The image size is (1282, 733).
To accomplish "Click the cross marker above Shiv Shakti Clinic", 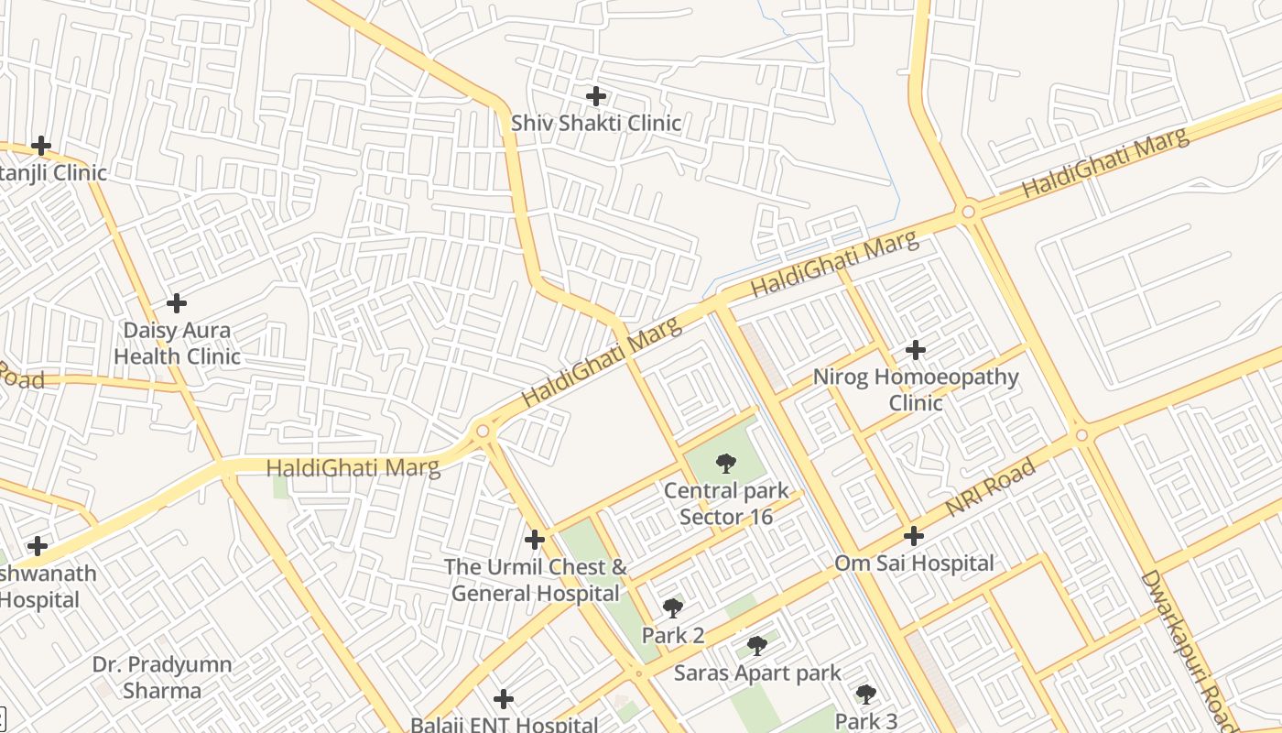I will (x=596, y=95).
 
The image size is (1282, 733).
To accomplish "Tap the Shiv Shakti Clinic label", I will (x=596, y=123).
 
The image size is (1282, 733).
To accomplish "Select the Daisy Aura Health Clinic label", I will (x=177, y=344).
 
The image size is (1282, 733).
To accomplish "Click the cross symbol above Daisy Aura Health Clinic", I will (x=177, y=302).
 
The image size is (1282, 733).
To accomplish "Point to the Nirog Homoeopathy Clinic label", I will (x=916, y=390).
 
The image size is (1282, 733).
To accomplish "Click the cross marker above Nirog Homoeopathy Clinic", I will (x=915, y=350).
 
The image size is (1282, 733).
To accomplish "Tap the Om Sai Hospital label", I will (x=914, y=563).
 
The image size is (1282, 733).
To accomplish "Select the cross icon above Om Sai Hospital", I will (x=914, y=536).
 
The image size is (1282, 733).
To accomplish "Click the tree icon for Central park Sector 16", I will (x=726, y=464).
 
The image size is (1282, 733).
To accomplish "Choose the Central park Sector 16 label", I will (x=726, y=504).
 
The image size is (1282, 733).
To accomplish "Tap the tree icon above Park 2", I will (x=673, y=607).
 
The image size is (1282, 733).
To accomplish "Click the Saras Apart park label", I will (x=757, y=673).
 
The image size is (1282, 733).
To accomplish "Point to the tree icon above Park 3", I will (x=866, y=695).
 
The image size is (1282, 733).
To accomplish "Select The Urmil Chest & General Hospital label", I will (x=536, y=580).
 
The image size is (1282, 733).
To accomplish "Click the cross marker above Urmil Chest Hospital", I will (x=535, y=540).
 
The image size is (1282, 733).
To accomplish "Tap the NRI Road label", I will (x=991, y=487).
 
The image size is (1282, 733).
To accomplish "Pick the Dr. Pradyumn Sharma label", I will (x=162, y=677).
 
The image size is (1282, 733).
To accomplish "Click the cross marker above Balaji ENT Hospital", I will (x=503, y=699).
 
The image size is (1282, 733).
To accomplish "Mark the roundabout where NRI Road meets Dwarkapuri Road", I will (x=1081, y=434).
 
